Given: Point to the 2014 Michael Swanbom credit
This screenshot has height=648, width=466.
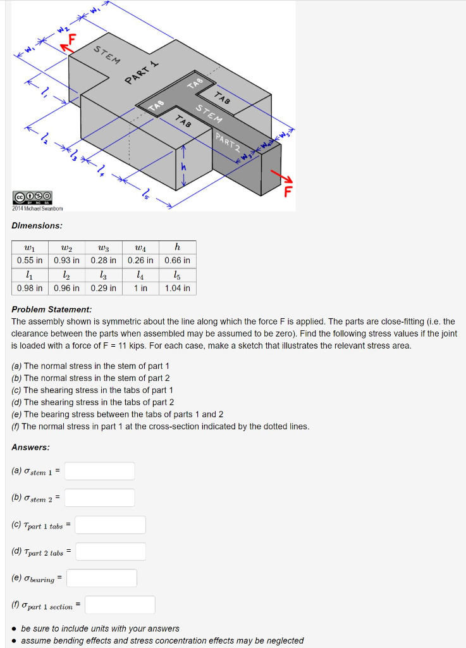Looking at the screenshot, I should (37, 208).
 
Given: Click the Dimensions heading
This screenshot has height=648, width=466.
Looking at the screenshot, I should (37, 225).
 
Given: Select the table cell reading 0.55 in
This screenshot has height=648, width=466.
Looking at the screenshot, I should (30, 260).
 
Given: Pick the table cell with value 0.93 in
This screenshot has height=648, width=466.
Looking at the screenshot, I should (66, 260).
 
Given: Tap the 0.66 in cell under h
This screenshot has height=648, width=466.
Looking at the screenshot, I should (177, 260).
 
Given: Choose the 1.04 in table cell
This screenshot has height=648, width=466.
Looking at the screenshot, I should (177, 288).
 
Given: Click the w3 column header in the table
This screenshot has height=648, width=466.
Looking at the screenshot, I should (103, 247).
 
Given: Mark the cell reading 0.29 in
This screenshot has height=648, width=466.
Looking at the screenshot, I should (103, 288).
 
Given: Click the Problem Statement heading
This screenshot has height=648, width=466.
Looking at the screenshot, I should (52, 309).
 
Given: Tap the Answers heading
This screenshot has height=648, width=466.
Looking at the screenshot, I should (30, 447).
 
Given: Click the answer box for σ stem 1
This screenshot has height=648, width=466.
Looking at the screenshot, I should (99, 471).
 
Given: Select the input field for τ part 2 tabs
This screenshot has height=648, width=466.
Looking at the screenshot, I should (111, 552).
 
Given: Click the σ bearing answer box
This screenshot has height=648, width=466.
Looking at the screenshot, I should (102, 578).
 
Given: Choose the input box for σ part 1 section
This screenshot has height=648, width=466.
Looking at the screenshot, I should (120, 605).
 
